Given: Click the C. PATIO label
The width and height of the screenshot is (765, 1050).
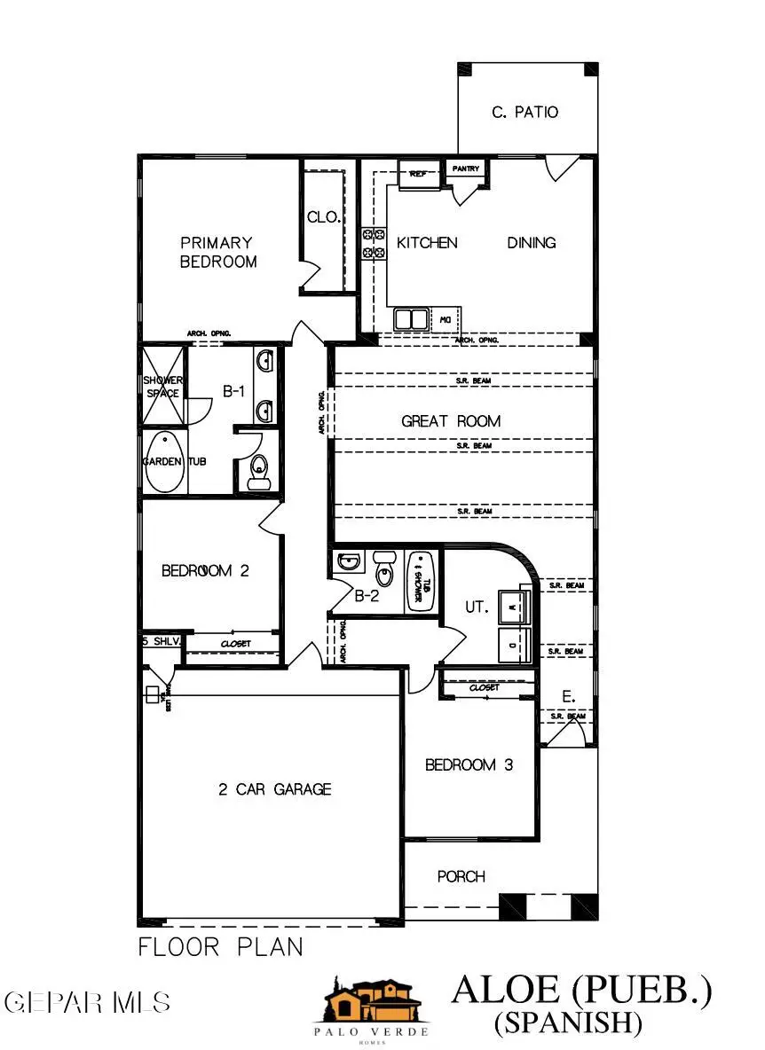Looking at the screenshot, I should coord(524,113).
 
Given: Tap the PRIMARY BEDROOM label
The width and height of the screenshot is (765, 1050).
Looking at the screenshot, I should coord(217,252).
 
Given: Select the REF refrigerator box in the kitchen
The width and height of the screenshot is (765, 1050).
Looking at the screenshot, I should coord(417,174).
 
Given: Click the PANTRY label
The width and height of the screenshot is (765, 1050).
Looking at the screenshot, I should coord(466,168).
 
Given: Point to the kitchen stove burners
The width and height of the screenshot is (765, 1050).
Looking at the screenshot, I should coord(373,243).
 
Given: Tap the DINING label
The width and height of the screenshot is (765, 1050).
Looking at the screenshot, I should coord(532,242).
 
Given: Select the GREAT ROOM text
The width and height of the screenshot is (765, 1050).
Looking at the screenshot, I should coord(451,421).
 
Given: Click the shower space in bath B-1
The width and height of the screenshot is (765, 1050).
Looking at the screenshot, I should coord(163,386).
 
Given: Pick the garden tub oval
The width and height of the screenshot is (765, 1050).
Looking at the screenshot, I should coord(165,462).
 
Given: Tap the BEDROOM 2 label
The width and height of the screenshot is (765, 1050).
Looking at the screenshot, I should coord(205,570).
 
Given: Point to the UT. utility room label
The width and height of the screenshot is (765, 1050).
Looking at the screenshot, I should coord(477,607).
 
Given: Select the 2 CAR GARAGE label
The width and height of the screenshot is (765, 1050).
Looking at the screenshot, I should coord(275,788).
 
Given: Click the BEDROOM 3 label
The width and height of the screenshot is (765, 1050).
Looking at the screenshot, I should coord(469,764).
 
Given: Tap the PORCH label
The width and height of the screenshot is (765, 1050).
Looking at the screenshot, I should coord(461,877).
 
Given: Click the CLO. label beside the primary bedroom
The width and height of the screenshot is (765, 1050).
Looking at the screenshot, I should coord(324,216).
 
